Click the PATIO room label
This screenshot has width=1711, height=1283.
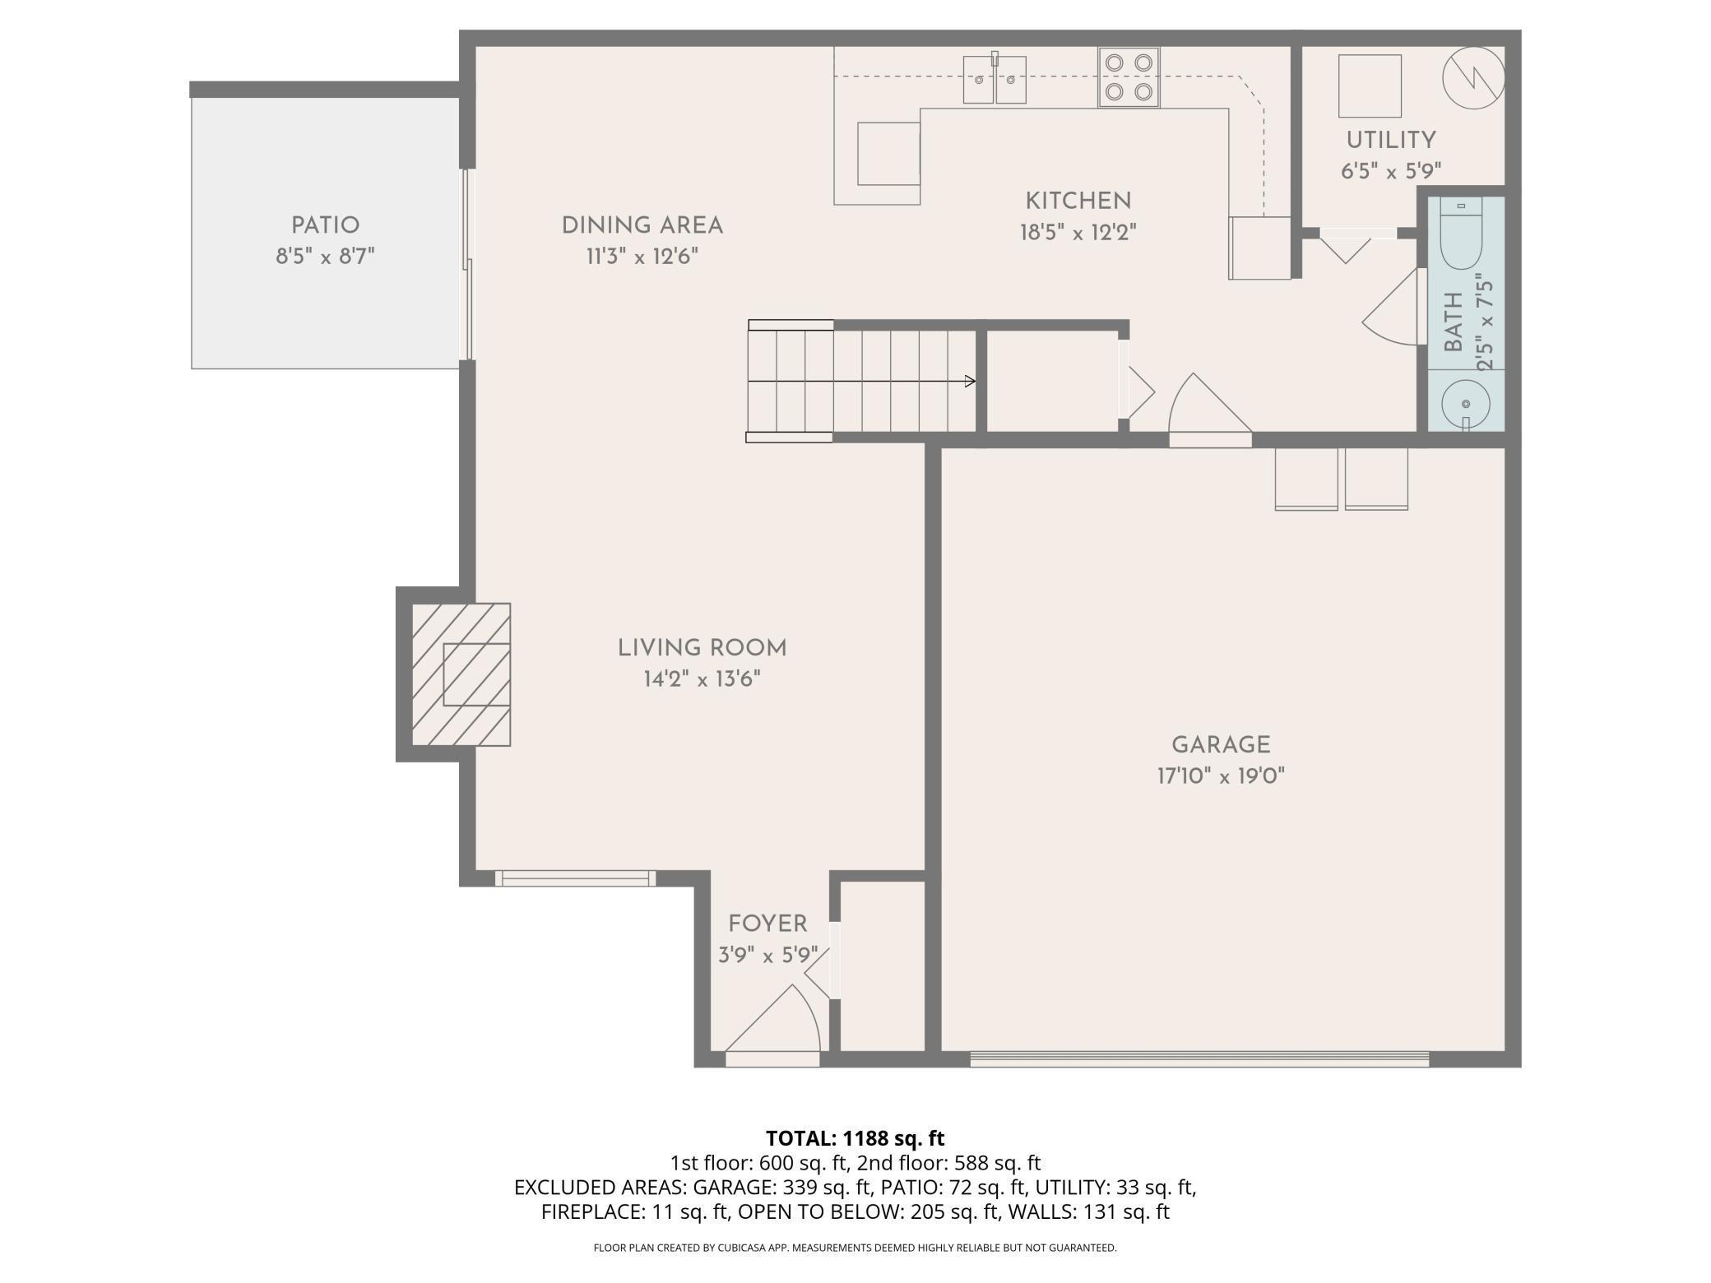325,225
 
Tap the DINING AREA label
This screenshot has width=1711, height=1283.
642,225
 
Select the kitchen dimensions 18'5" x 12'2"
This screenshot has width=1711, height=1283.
1078,233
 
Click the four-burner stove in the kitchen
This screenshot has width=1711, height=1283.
1129,77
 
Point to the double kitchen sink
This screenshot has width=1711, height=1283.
995,79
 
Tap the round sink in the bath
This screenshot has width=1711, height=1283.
1465,404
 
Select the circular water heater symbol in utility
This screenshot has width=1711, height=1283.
1474,79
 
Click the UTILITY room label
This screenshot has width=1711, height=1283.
1391,140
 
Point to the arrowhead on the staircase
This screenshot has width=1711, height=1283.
971,382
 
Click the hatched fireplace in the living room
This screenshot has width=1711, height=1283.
461,674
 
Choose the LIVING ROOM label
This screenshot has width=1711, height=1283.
702,648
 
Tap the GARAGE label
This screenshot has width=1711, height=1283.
1221,745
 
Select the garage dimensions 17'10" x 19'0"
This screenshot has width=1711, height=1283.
1221,776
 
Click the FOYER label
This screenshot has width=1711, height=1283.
767,924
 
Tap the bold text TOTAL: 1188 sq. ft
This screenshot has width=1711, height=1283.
855,1138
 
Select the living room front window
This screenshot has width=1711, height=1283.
576,878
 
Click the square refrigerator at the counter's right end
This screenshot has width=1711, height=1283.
1259,248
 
